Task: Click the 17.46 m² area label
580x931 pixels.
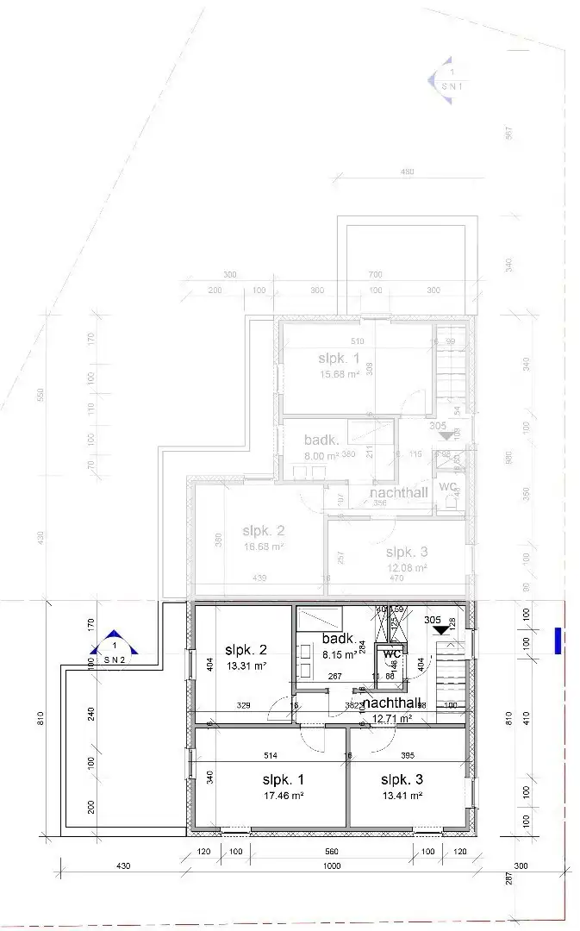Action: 284,796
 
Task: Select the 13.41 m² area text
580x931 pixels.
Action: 402,796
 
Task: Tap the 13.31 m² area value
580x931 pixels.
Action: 246,665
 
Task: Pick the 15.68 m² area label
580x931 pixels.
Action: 339,374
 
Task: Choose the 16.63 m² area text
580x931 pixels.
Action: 264,546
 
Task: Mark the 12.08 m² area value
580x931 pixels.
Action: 408,568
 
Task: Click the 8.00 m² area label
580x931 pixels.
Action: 321,454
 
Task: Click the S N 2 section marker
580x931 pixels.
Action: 114,651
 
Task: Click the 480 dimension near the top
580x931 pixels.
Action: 408,172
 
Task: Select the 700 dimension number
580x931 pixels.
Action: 375,274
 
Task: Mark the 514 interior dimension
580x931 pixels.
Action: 270,755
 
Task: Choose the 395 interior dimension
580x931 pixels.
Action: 408,755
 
